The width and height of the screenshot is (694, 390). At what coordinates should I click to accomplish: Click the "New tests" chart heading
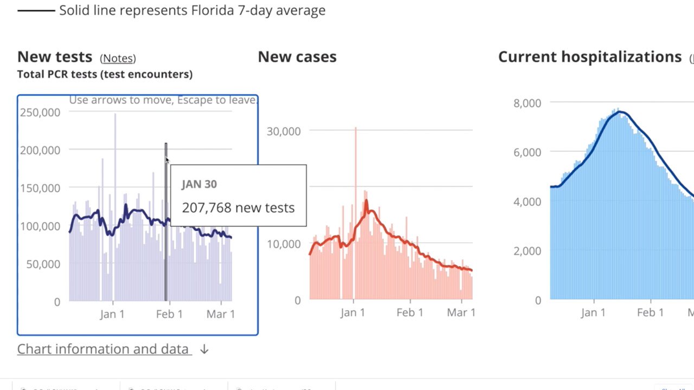pyautogui.click(x=55, y=57)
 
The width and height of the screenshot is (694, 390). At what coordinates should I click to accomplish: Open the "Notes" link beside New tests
pyautogui.click(x=118, y=58)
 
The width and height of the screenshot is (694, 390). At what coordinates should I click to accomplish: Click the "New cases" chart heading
pyautogui.click(x=297, y=57)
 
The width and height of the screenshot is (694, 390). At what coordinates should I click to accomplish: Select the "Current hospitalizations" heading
pyautogui.click(x=589, y=57)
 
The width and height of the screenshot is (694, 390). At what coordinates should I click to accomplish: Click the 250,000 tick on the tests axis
pyautogui.click(x=40, y=112)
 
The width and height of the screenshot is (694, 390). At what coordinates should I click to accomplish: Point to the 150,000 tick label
pyautogui.click(x=40, y=188)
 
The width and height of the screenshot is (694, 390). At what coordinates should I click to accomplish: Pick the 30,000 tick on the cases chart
pyautogui.click(x=284, y=131)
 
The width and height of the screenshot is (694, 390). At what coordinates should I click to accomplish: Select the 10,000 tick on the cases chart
pyautogui.click(x=284, y=244)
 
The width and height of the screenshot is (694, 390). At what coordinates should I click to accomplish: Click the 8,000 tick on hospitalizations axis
pyautogui.click(x=527, y=103)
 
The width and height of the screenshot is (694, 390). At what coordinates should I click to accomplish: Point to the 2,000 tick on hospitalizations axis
pyautogui.click(x=527, y=251)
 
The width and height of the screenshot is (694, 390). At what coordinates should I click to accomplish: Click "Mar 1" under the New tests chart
pyautogui.click(x=220, y=314)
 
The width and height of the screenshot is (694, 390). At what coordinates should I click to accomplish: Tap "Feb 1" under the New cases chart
pyautogui.click(x=409, y=313)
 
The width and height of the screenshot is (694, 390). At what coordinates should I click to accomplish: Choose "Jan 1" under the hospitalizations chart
pyautogui.click(x=593, y=313)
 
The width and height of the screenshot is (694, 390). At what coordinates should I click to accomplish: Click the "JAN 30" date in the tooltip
pyautogui.click(x=199, y=184)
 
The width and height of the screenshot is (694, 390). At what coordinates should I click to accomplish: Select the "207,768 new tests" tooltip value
pyautogui.click(x=238, y=207)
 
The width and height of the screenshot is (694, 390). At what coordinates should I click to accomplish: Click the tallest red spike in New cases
pyautogui.click(x=356, y=162)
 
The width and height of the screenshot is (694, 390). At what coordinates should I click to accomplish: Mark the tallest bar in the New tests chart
pyautogui.click(x=115, y=162)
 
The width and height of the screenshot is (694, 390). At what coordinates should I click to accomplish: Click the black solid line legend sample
pyautogui.click(x=36, y=10)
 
